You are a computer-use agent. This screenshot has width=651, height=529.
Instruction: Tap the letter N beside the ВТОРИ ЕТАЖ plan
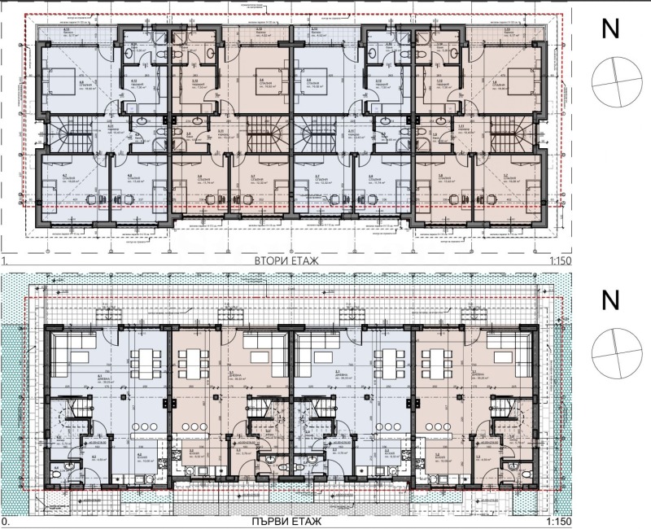tap(608, 30)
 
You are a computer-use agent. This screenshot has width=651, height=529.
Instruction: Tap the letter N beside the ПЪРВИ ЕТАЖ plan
tap(608, 300)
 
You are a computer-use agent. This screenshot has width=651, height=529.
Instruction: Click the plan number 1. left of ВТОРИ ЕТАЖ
tap(6, 261)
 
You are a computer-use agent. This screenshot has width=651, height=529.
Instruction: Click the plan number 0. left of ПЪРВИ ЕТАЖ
tap(6, 522)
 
